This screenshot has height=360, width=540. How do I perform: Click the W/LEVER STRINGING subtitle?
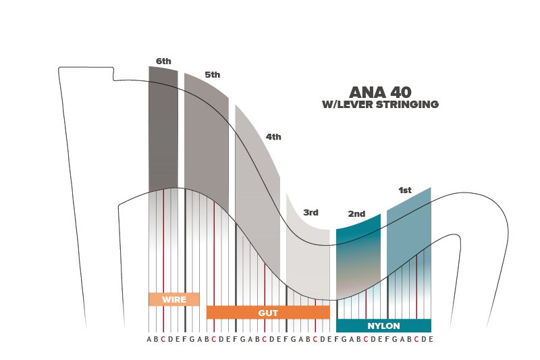[x=381, y=105]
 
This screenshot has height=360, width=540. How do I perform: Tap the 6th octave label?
[x=163, y=61]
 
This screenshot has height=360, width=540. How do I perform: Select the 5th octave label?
[x=213, y=75]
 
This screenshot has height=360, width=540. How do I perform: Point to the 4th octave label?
[x=273, y=136]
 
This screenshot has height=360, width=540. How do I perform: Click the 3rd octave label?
[x=310, y=213]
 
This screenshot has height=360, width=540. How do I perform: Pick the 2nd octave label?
[x=356, y=214]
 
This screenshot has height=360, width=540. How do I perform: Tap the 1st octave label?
[x=405, y=190]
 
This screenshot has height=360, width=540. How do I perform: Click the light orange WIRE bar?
[x=174, y=299]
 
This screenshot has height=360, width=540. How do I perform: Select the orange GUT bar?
[x=268, y=313]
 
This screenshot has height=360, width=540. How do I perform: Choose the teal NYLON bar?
[x=383, y=326]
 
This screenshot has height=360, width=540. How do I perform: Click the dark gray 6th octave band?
[x=163, y=128]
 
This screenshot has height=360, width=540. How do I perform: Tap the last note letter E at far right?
[x=431, y=339]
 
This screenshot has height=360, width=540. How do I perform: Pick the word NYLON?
[x=383, y=326]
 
